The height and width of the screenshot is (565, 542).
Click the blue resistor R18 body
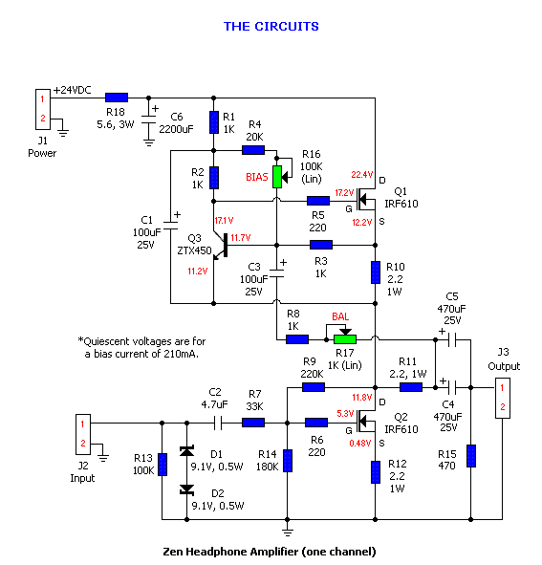(117, 98)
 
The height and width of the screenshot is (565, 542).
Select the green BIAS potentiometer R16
(277, 177)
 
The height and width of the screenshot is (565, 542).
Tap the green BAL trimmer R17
(345, 339)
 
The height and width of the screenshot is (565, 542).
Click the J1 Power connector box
(42, 109)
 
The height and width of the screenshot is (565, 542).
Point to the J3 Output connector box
(503, 398)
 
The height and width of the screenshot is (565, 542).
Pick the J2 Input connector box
(83, 434)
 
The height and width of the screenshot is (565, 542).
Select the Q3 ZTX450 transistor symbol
(220, 246)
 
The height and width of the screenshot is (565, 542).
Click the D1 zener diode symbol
(186, 451)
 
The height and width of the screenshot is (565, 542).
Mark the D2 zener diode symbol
(186, 490)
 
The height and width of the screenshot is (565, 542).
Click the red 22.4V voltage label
(362, 175)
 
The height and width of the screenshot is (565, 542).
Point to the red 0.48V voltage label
(360, 444)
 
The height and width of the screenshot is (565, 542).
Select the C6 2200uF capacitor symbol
(148, 120)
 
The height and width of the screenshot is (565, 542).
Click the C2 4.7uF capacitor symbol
(218, 423)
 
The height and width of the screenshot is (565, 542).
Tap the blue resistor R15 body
(471, 456)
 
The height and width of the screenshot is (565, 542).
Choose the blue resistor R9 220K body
(314, 387)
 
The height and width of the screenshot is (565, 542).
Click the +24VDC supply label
(72, 90)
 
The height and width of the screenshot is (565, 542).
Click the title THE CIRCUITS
(271, 27)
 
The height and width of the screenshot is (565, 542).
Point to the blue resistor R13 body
(163, 465)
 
